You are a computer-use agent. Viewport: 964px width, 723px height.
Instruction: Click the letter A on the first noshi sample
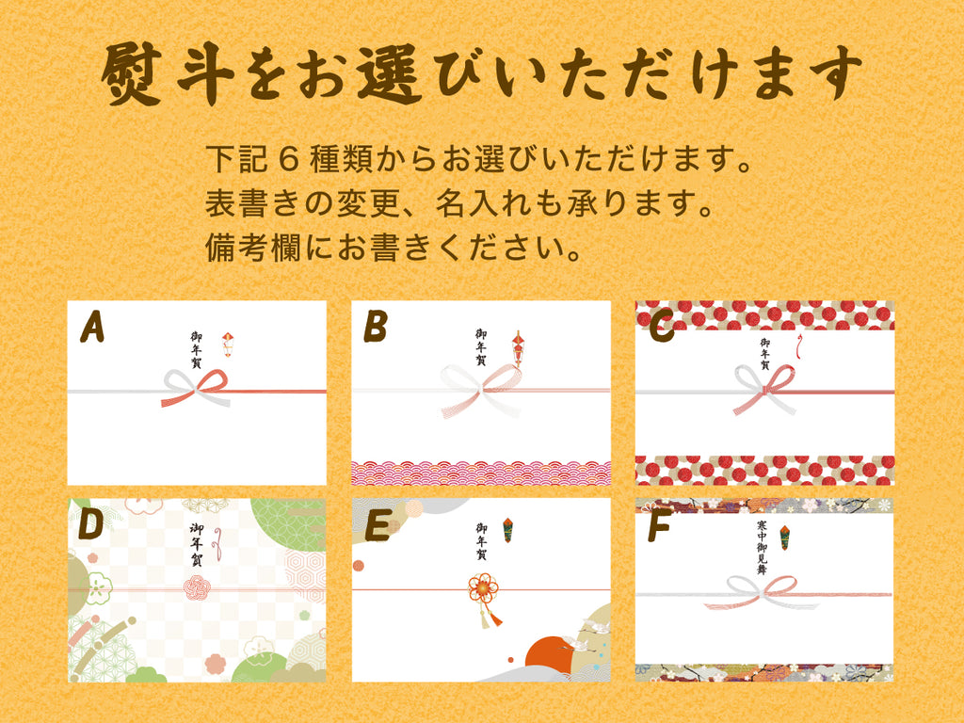click(x=91, y=328)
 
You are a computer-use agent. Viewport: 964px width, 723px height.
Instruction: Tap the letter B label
click(x=375, y=328)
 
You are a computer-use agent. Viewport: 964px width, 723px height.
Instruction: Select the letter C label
click(x=662, y=328)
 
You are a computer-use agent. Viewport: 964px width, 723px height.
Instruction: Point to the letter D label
click(x=90, y=526)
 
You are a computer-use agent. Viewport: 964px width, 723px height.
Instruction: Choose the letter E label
click(x=376, y=526)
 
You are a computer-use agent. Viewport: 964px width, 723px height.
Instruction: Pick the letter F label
click(x=659, y=528)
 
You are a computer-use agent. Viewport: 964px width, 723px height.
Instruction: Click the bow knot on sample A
click(x=196, y=388)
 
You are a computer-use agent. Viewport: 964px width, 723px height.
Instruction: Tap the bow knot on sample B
click(x=481, y=389)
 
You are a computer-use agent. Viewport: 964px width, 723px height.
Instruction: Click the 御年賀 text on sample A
click(x=197, y=348)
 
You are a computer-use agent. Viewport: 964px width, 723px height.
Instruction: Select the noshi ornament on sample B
click(x=517, y=347)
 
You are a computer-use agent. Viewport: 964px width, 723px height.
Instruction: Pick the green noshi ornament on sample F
click(x=785, y=538)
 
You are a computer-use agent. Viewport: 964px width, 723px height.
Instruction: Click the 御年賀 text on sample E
click(x=481, y=542)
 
